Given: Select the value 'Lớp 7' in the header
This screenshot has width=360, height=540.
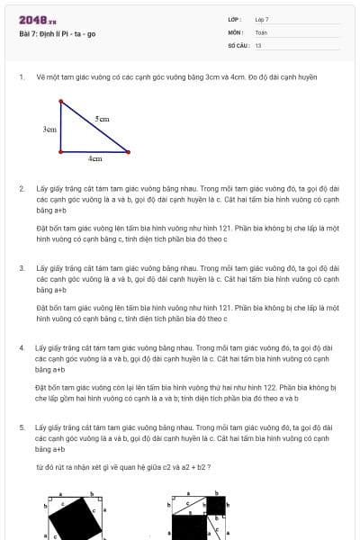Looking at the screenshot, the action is click(262, 19).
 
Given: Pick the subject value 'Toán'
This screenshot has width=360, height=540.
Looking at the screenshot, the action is click(261, 31).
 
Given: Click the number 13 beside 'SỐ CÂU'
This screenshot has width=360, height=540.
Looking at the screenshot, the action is click(258, 44).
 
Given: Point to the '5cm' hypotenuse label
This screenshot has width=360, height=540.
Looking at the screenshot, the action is click(103, 119).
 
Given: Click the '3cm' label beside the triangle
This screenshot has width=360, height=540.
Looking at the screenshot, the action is click(49, 130).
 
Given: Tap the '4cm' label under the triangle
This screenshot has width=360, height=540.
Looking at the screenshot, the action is click(94, 158).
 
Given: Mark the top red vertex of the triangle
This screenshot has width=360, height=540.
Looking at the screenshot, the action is click(61, 102).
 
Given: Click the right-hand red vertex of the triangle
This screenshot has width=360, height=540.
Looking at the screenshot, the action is click(129, 151).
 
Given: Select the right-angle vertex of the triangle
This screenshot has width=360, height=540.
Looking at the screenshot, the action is click(61, 151).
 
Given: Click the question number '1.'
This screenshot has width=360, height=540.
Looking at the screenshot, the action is click(22, 76).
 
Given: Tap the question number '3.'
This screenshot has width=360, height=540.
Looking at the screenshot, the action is click(22, 267).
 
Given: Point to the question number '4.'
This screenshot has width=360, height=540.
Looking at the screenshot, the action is click(22, 347).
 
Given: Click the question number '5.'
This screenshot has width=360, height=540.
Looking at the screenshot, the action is click(22, 427).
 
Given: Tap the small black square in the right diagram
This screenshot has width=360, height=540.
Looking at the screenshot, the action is click(216, 505).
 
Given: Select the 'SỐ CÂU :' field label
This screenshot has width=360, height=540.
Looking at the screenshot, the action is click(238, 44).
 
